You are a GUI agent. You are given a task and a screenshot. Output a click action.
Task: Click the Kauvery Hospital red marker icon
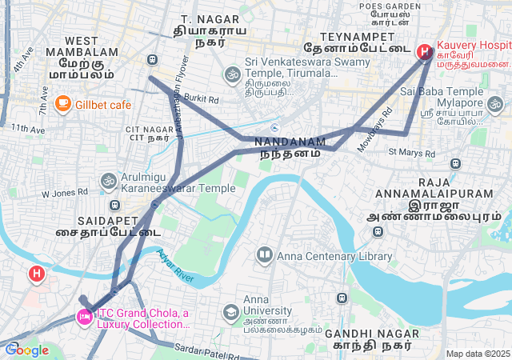tap(424, 52)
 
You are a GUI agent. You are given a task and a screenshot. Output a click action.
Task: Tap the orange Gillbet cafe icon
tap(62, 103)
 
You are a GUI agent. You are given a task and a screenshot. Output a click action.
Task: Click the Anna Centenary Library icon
tap(264, 256)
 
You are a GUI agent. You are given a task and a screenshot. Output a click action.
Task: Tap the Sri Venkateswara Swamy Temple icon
tap(233, 74)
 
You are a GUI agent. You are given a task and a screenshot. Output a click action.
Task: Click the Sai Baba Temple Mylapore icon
tap(495, 103)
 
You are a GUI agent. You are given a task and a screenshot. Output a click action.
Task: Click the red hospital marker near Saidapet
tap(36, 274)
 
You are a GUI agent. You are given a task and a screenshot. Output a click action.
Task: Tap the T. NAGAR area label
tap(199, 18)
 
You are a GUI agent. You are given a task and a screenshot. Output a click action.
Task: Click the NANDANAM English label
tap(290, 142)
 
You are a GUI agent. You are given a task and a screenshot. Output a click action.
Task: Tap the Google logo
tap(26, 350)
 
